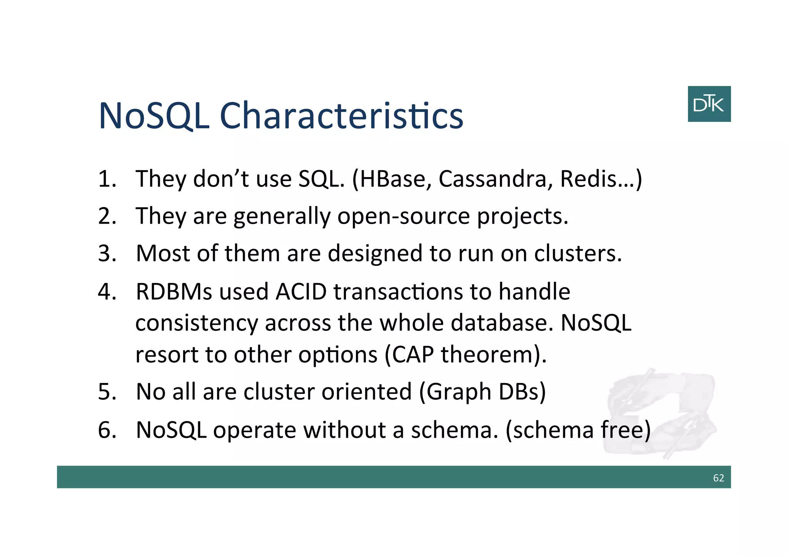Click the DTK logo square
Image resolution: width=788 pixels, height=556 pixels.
(709, 104)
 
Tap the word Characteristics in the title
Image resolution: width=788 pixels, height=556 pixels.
(341, 116)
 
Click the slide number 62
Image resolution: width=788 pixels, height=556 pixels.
(718, 478)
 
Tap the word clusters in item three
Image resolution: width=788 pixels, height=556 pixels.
(577, 254)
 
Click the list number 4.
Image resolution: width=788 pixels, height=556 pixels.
(106, 292)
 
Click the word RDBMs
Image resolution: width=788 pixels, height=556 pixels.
(174, 292)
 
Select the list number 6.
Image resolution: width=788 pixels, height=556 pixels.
(106, 430)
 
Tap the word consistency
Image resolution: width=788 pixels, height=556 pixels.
(196, 324)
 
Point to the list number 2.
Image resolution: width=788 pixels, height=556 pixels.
(106, 216)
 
